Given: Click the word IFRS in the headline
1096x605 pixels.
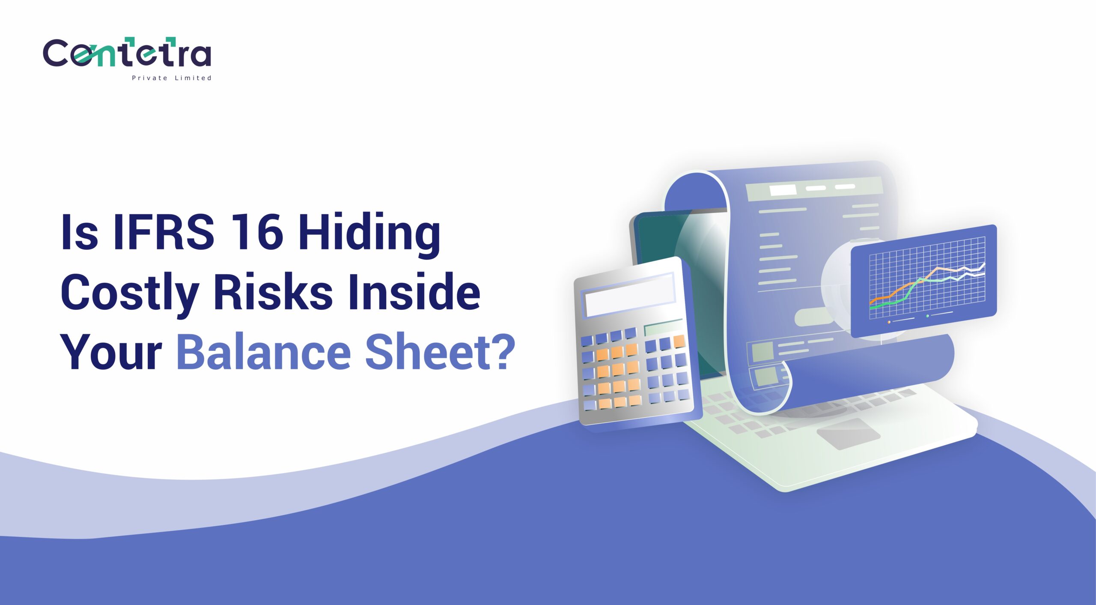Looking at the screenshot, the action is point(164,231).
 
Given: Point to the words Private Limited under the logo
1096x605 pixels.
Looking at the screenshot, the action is point(172,78).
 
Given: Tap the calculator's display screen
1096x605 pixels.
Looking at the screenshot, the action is point(629,295).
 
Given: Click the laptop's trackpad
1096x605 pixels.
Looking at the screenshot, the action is point(848,433).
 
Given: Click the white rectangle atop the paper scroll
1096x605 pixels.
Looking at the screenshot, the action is point(783,190).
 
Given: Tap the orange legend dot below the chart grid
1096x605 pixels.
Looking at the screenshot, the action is point(889,322).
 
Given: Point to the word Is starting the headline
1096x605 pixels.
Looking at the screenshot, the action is point(80,231).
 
